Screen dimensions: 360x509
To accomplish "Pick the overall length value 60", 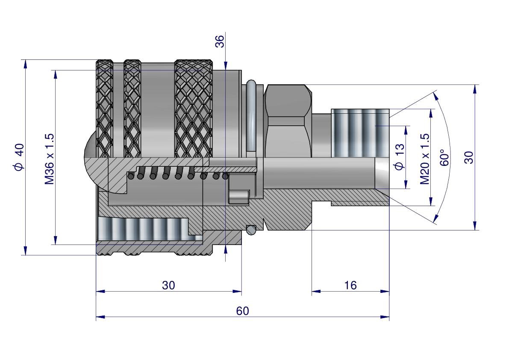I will tap(242, 311).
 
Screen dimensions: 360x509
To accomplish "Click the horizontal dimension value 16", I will tap(350, 285).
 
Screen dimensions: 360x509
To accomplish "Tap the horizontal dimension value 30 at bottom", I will tap(168, 285).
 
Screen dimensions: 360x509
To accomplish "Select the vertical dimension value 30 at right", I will tap(469, 157).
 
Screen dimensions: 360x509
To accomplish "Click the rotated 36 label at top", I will tap(219, 41).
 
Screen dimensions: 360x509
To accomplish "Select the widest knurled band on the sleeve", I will tap(194, 109).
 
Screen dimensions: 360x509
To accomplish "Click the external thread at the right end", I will tap(360, 133).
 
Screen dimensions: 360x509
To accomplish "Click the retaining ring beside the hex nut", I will tap(251, 115).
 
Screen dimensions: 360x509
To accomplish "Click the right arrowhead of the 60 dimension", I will tap(385, 317).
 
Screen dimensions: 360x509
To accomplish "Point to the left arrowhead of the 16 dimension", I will tap(315, 292).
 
